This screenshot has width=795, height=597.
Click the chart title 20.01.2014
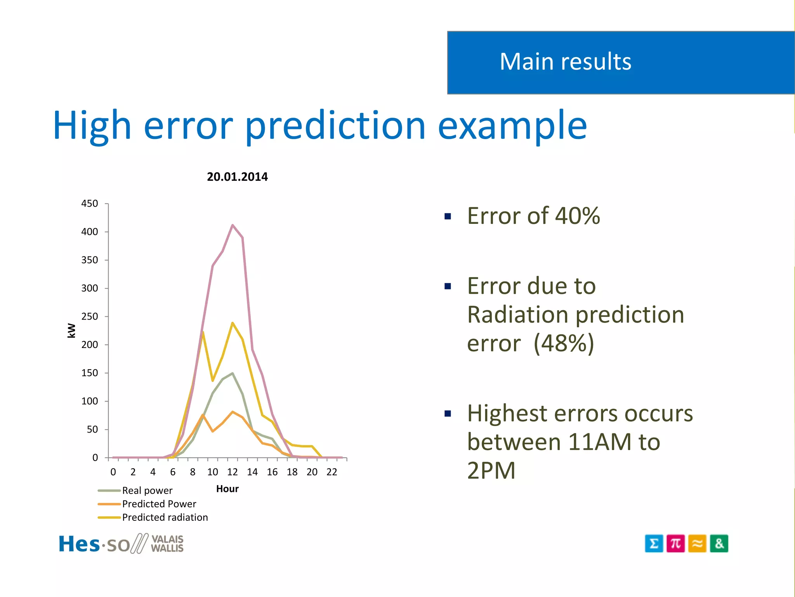tap(237, 177)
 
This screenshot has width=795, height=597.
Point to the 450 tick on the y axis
tap(90, 204)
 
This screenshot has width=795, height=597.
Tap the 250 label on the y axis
tap(90, 316)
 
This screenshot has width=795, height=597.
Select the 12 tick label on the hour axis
tap(232, 472)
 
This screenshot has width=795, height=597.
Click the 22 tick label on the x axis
tap(332, 472)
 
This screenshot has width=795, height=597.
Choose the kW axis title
tap(71, 330)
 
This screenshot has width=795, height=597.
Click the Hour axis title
tap(227, 489)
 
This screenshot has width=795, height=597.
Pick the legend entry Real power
tap(147, 491)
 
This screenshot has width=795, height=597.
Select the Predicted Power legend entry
tap(159, 504)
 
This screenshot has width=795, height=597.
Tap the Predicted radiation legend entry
tap(165, 517)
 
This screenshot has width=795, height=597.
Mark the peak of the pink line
tap(233, 225)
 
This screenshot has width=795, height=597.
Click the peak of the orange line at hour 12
tap(233, 412)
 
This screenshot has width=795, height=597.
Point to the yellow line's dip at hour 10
tap(213, 380)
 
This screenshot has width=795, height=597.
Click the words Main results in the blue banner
tap(565, 62)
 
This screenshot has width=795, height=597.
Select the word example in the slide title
tap(512, 125)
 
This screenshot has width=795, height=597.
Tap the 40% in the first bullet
tap(577, 216)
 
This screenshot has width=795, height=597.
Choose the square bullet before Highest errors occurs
tap(448, 414)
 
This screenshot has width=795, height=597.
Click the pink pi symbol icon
tap(675, 543)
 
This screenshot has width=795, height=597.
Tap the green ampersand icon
tap(719, 543)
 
